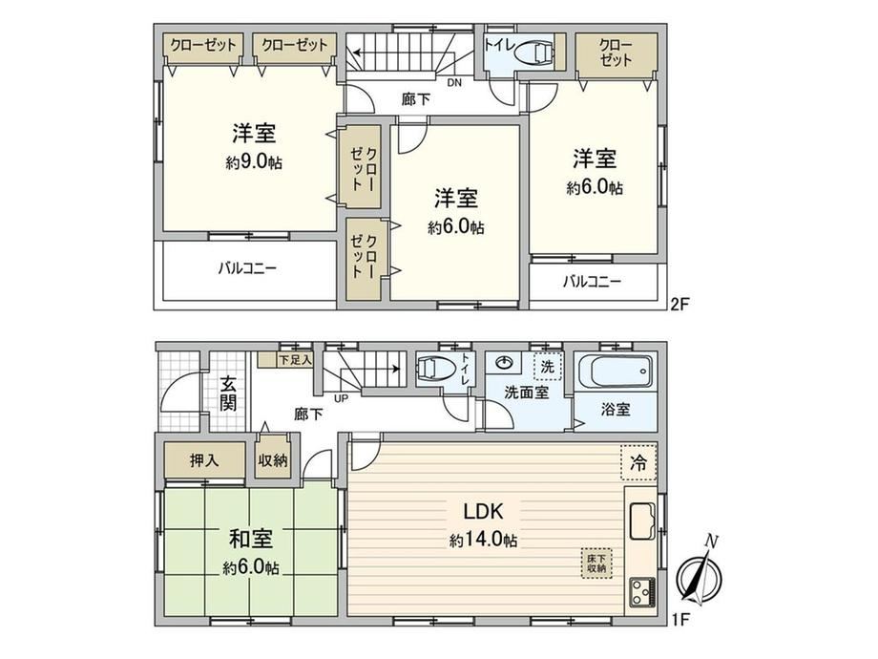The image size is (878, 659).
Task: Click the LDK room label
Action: click(483, 511)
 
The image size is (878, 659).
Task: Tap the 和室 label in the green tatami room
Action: click(251, 539)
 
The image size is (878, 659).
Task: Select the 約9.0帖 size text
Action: click(254, 162)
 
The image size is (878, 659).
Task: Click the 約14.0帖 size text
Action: click(483, 541)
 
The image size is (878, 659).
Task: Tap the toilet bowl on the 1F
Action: click(434, 369)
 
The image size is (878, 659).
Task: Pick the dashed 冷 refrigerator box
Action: click(638, 463)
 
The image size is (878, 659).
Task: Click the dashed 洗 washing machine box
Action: click(547, 367)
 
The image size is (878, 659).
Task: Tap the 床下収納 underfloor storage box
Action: click(596, 563)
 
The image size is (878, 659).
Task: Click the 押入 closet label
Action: click(204, 460)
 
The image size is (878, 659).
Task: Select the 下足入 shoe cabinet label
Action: click(295, 360)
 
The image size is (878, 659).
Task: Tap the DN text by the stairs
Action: click(454, 83)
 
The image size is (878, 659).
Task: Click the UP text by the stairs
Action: click(341, 399)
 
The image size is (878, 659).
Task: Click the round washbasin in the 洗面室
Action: click(506, 363)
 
